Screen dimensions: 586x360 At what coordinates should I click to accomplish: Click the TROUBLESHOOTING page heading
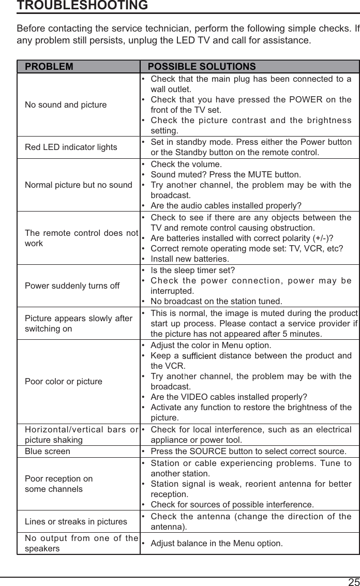tap(82, 6)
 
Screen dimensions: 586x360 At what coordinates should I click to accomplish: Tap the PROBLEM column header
tap(49, 67)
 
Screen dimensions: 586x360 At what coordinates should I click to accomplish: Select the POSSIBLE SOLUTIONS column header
tap(202, 67)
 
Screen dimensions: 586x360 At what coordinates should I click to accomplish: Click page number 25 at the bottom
tap(353, 581)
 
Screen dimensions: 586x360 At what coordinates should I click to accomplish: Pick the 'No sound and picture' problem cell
tap(66, 105)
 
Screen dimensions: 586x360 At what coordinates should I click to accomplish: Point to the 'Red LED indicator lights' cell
tap(71, 147)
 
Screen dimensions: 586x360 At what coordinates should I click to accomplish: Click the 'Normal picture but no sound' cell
tap(78, 185)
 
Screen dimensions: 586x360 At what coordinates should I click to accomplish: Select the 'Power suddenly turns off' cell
tap(72, 286)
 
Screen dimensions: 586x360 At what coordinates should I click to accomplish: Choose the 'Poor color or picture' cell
tap(64, 382)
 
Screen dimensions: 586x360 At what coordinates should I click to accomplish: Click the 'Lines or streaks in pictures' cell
tap(76, 521)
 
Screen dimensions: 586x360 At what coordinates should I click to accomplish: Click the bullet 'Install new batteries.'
tap(190, 259)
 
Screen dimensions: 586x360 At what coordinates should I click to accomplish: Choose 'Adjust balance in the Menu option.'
tap(216, 544)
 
